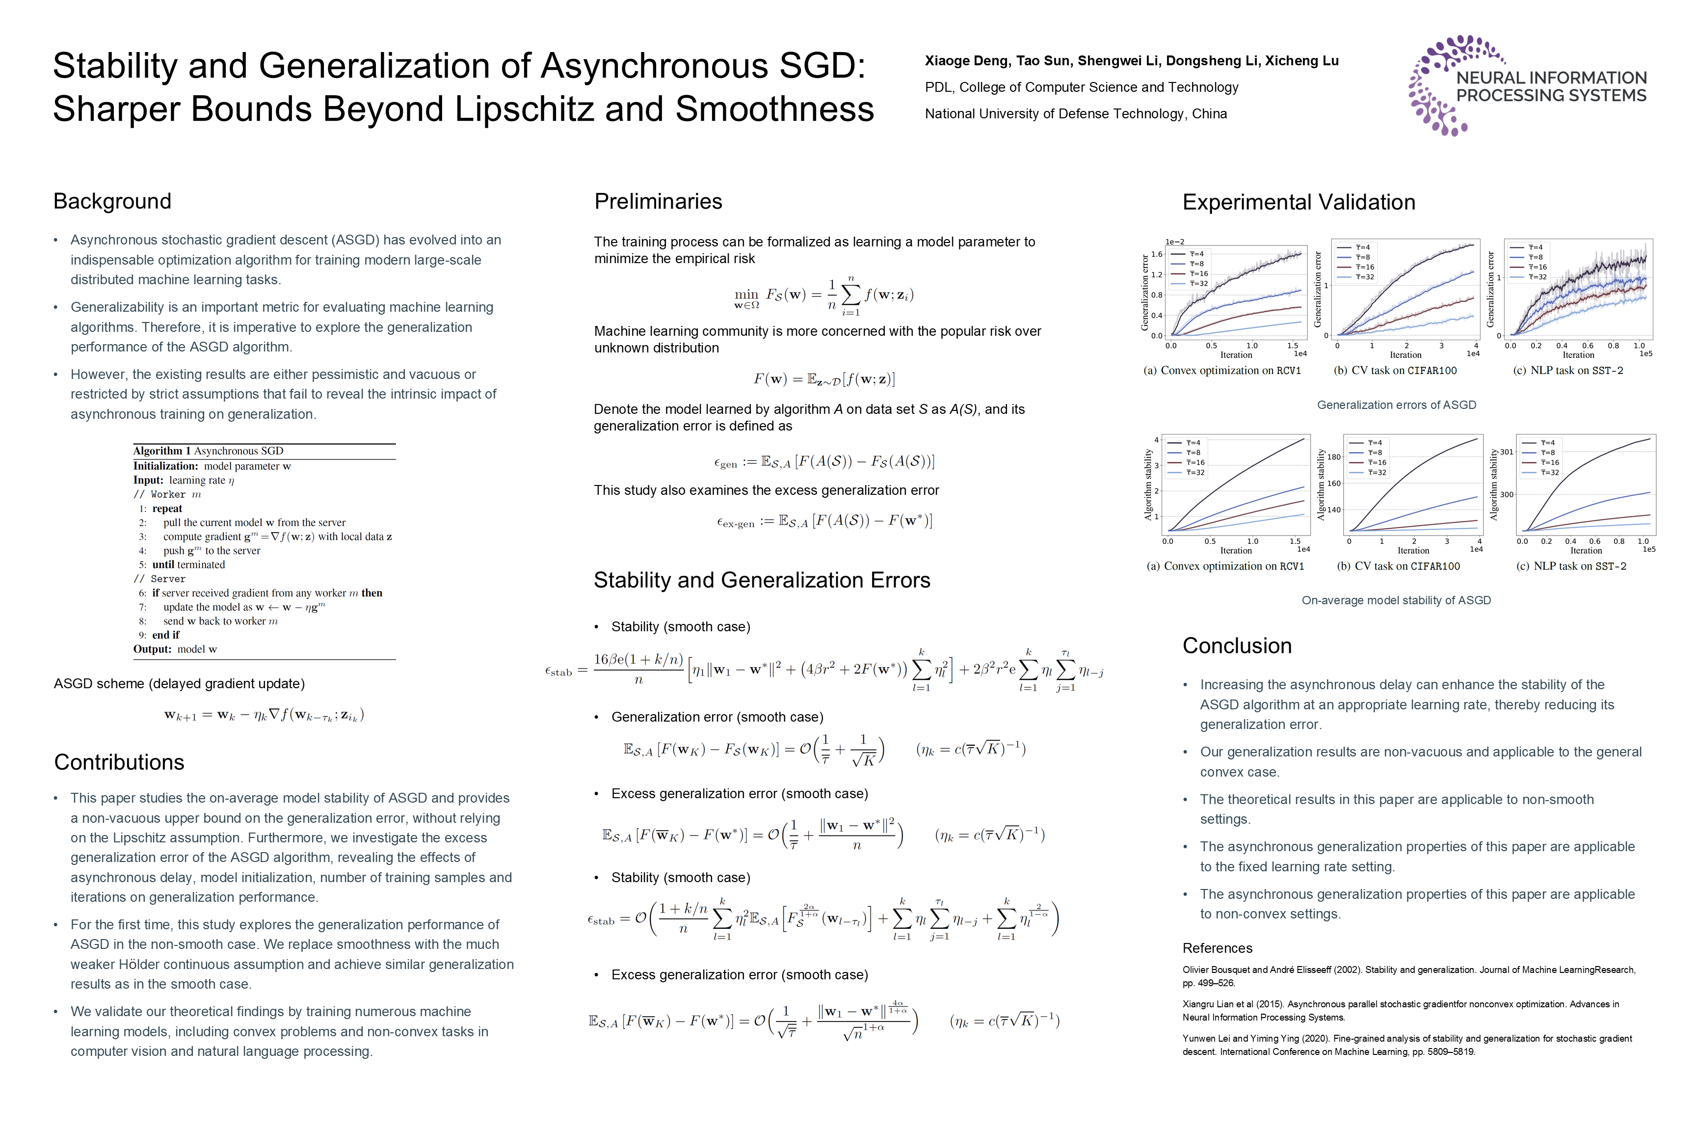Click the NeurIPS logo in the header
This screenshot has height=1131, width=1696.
[x=1527, y=85]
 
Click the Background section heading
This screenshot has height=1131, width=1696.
[x=112, y=201]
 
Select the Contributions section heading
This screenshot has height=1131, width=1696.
[x=119, y=762]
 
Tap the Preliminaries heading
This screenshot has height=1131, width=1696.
[x=658, y=201]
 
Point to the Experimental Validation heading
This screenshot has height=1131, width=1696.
[x=1298, y=202]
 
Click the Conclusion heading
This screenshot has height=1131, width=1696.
[x=1237, y=646]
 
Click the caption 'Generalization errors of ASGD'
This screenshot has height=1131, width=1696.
[x=1396, y=404]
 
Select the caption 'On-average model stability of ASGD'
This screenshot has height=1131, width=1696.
[x=1396, y=600]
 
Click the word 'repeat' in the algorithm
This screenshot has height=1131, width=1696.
[x=167, y=509]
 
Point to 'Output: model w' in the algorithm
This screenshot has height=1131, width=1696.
[x=175, y=649]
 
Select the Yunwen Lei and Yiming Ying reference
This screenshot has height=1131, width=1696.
[x=1406, y=1045]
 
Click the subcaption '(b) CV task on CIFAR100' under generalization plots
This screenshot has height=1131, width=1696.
[x=1395, y=371]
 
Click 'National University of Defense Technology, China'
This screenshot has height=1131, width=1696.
[x=1076, y=114]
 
